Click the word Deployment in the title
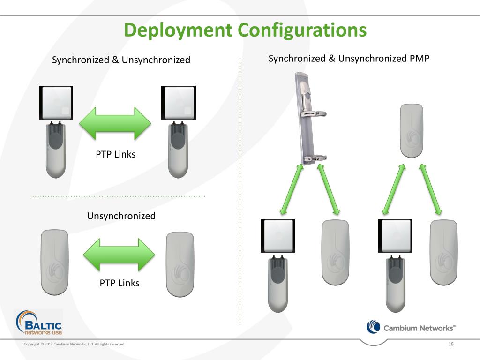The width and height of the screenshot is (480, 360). pyautogui.click(x=178, y=30)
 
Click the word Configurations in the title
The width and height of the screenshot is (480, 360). pyautogui.click(x=302, y=30)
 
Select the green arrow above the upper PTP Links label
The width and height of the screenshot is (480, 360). pyautogui.click(x=115, y=123)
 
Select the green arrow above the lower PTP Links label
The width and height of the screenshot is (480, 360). pyautogui.click(x=119, y=255)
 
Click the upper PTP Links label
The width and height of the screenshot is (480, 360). pyautogui.click(x=115, y=154)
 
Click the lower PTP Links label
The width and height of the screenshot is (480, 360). pyautogui.click(x=119, y=283)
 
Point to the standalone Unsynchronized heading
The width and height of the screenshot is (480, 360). pyautogui.click(x=121, y=216)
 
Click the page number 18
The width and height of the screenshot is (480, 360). pyautogui.click(x=451, y=345)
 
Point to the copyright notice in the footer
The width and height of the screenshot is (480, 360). pyautogui.click(x=75, y=345)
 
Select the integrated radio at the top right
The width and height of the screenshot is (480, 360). pyautogui.click(x=411, y=130)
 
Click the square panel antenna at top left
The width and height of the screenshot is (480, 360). pyautogui.click(x=56, y=103)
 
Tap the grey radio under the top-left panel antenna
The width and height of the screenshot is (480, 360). pyautogui.click(x=56, y=150)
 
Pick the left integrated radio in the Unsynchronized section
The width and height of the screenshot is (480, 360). pyautogui.click(x=54, y=262)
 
